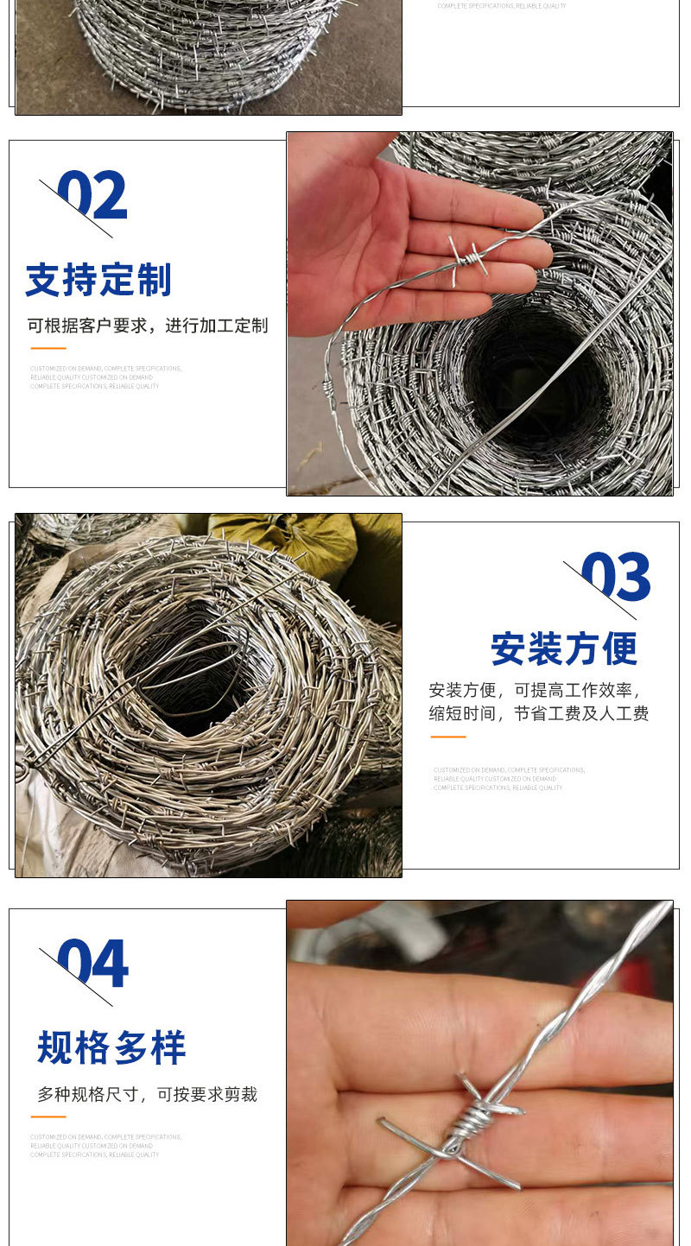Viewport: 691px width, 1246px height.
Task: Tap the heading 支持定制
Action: (x=98, y=280)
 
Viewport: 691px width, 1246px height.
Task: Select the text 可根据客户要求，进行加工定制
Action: (x=148, y=326)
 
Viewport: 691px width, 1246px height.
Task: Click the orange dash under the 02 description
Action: (x=48, y=348)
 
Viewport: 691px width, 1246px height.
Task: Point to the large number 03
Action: (x=616, y=577)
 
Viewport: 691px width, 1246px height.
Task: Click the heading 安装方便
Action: (x=564, y=649)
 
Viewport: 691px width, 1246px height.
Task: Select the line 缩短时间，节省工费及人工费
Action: (x=539, y=713)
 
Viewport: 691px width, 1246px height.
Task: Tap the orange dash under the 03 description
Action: (x=447, y=737)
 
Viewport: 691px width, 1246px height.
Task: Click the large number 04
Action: (x=93, y=964)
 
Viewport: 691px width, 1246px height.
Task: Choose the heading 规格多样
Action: (x=111, y=1047)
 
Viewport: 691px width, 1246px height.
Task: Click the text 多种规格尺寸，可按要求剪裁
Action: (x=147, y=1094)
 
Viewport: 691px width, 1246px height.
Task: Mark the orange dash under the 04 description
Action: (x=48, y=1116)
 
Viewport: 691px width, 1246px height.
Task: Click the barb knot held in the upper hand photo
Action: (x=467, y=256)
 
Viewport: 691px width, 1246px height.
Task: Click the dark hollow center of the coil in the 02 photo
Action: (x=536, y=380)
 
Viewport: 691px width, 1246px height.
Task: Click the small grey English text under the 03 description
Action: (x=509, y=779)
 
